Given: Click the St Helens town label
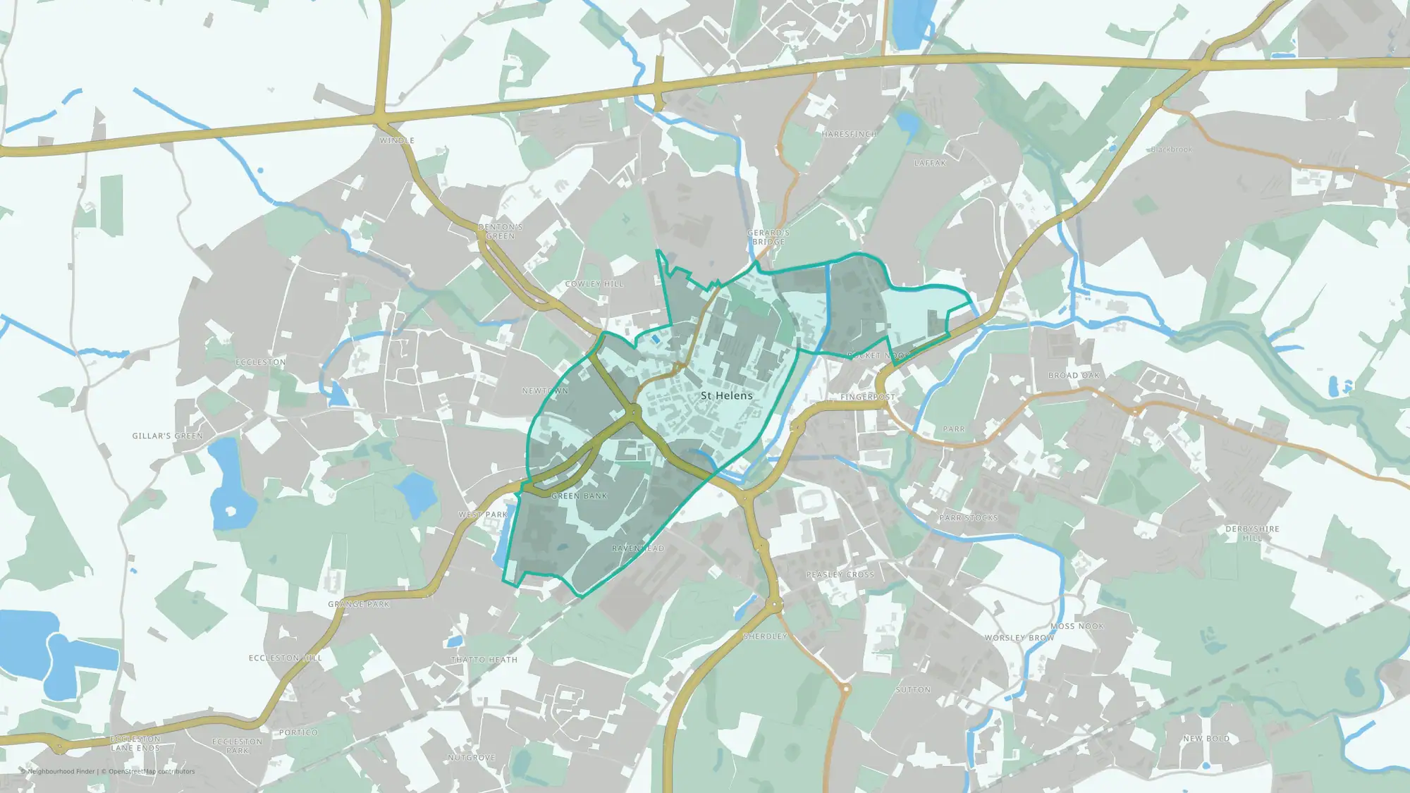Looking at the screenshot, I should [726, 395].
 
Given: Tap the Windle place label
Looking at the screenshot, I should [397, 140].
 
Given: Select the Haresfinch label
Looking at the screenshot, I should [849, 134].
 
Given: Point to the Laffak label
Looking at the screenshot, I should [930, 163].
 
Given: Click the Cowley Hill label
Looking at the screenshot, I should [594, 284].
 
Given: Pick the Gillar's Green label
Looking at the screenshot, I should [167, 436].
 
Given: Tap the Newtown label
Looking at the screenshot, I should [545, 391].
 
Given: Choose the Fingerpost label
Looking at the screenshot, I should [867, 397].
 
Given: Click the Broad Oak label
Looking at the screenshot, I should [1074, 376].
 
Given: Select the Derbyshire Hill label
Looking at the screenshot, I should [1252, 533].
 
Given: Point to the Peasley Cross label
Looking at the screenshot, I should [840, 574].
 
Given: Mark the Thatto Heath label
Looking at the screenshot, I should [484, 660].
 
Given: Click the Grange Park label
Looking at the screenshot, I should [358, 604].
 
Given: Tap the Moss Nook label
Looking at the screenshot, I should [1077, 626].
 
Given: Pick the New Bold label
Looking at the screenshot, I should [1206, 739].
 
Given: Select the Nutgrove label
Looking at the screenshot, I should [472, 758].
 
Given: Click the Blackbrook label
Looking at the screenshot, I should [1171, 149].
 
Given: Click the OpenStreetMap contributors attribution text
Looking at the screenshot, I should [152, 771].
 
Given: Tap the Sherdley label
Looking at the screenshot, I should [765, 637].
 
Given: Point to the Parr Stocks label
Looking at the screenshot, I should [969, 518].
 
